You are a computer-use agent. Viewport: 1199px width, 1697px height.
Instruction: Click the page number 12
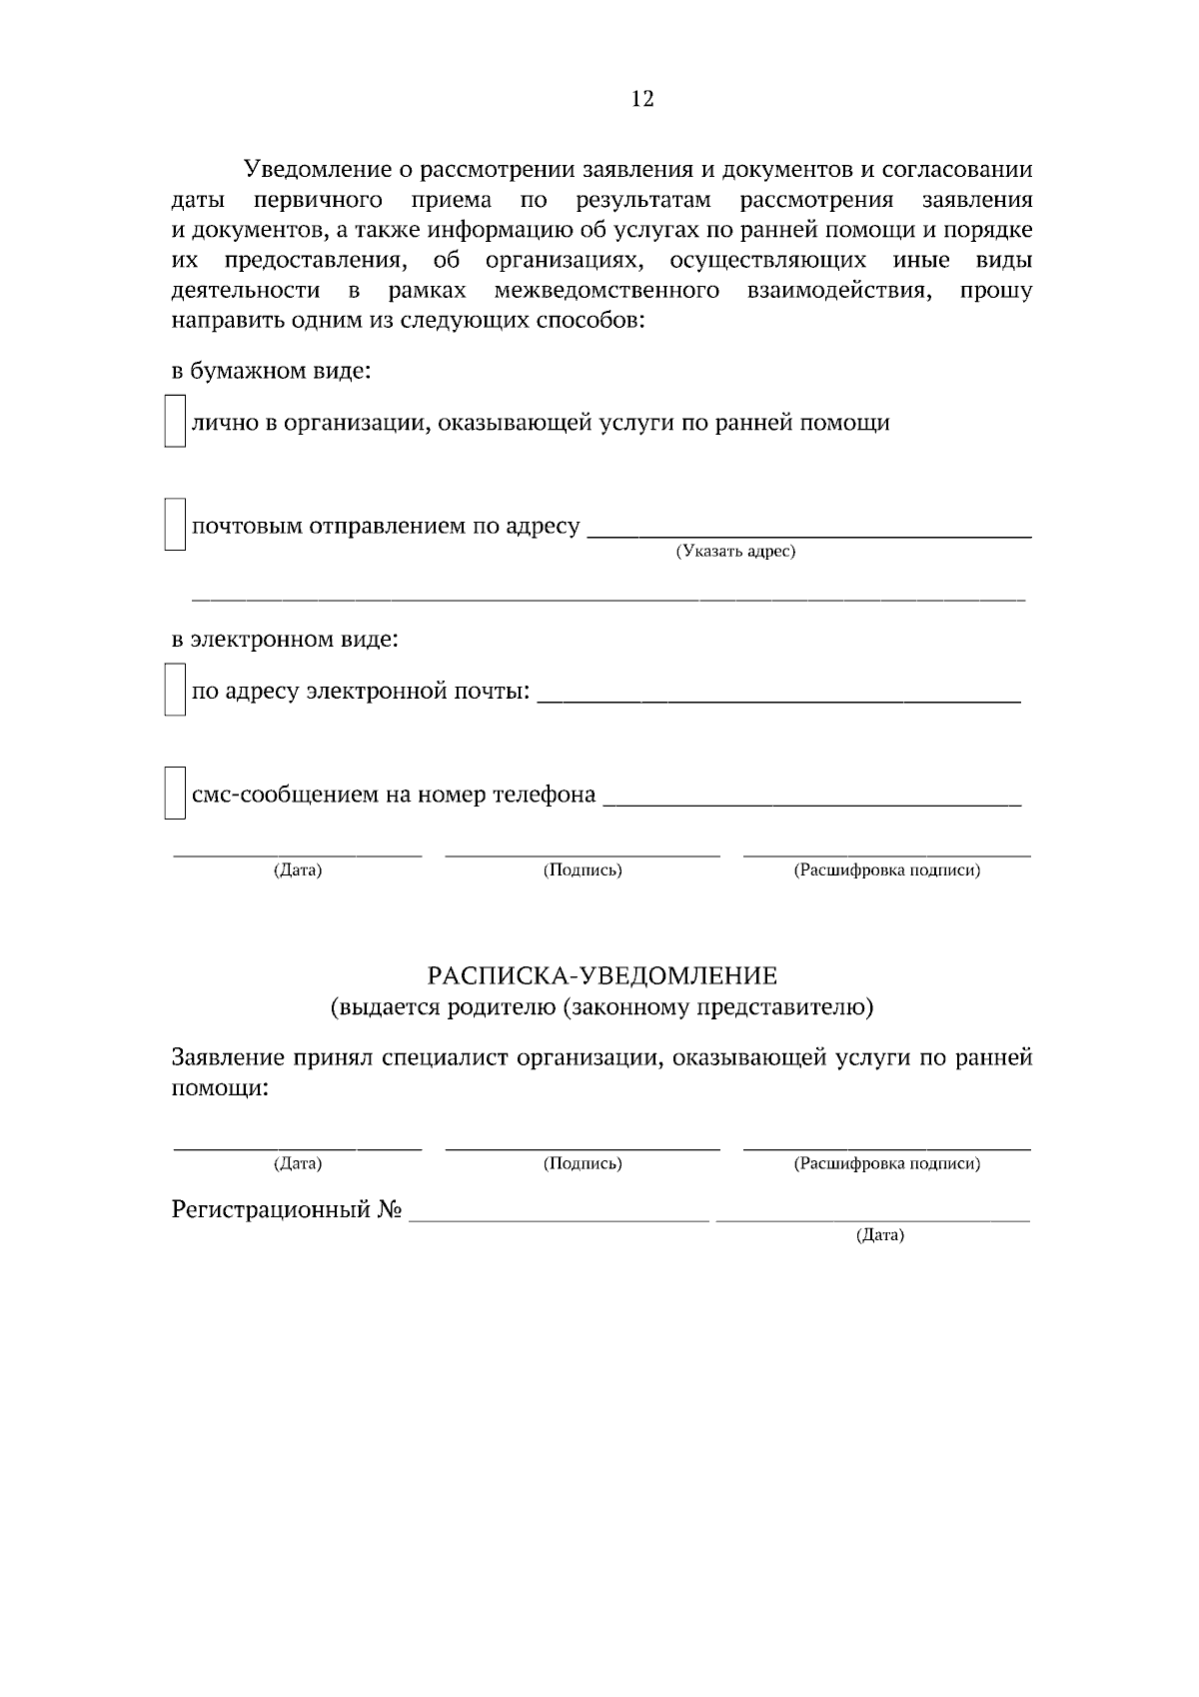(642, 98)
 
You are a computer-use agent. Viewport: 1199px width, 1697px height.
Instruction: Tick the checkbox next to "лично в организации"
(175, 422)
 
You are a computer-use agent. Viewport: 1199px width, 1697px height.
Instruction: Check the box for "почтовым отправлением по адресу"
(175, 525)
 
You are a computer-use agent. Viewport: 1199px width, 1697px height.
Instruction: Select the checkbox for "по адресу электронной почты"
(175, 691)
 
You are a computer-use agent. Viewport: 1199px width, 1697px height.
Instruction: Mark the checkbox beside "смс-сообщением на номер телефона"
(175, 794)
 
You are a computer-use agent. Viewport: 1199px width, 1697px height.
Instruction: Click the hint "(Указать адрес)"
(735, 552)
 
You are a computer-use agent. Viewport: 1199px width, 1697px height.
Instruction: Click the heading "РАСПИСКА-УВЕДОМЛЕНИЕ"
(601, 975)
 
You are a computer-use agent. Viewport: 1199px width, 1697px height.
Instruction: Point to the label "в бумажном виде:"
(271, 372)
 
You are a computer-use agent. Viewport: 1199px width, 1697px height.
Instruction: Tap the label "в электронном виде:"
(285, 639)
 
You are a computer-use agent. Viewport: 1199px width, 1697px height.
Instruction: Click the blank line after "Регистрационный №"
(560, 1215)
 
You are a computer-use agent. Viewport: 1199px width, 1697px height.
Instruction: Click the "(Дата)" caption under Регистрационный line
(879, 1236)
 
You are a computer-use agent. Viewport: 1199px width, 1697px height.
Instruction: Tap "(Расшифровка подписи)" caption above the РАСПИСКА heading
(886, 870)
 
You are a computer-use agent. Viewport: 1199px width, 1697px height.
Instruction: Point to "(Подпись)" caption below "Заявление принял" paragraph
(583, 1164)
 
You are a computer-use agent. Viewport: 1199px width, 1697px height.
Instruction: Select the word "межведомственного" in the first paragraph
(606, 291)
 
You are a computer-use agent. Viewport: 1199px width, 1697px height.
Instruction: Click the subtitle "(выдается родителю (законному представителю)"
(601, 1007)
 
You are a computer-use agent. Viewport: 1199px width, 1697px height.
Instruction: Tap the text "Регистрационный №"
(287, 1210)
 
